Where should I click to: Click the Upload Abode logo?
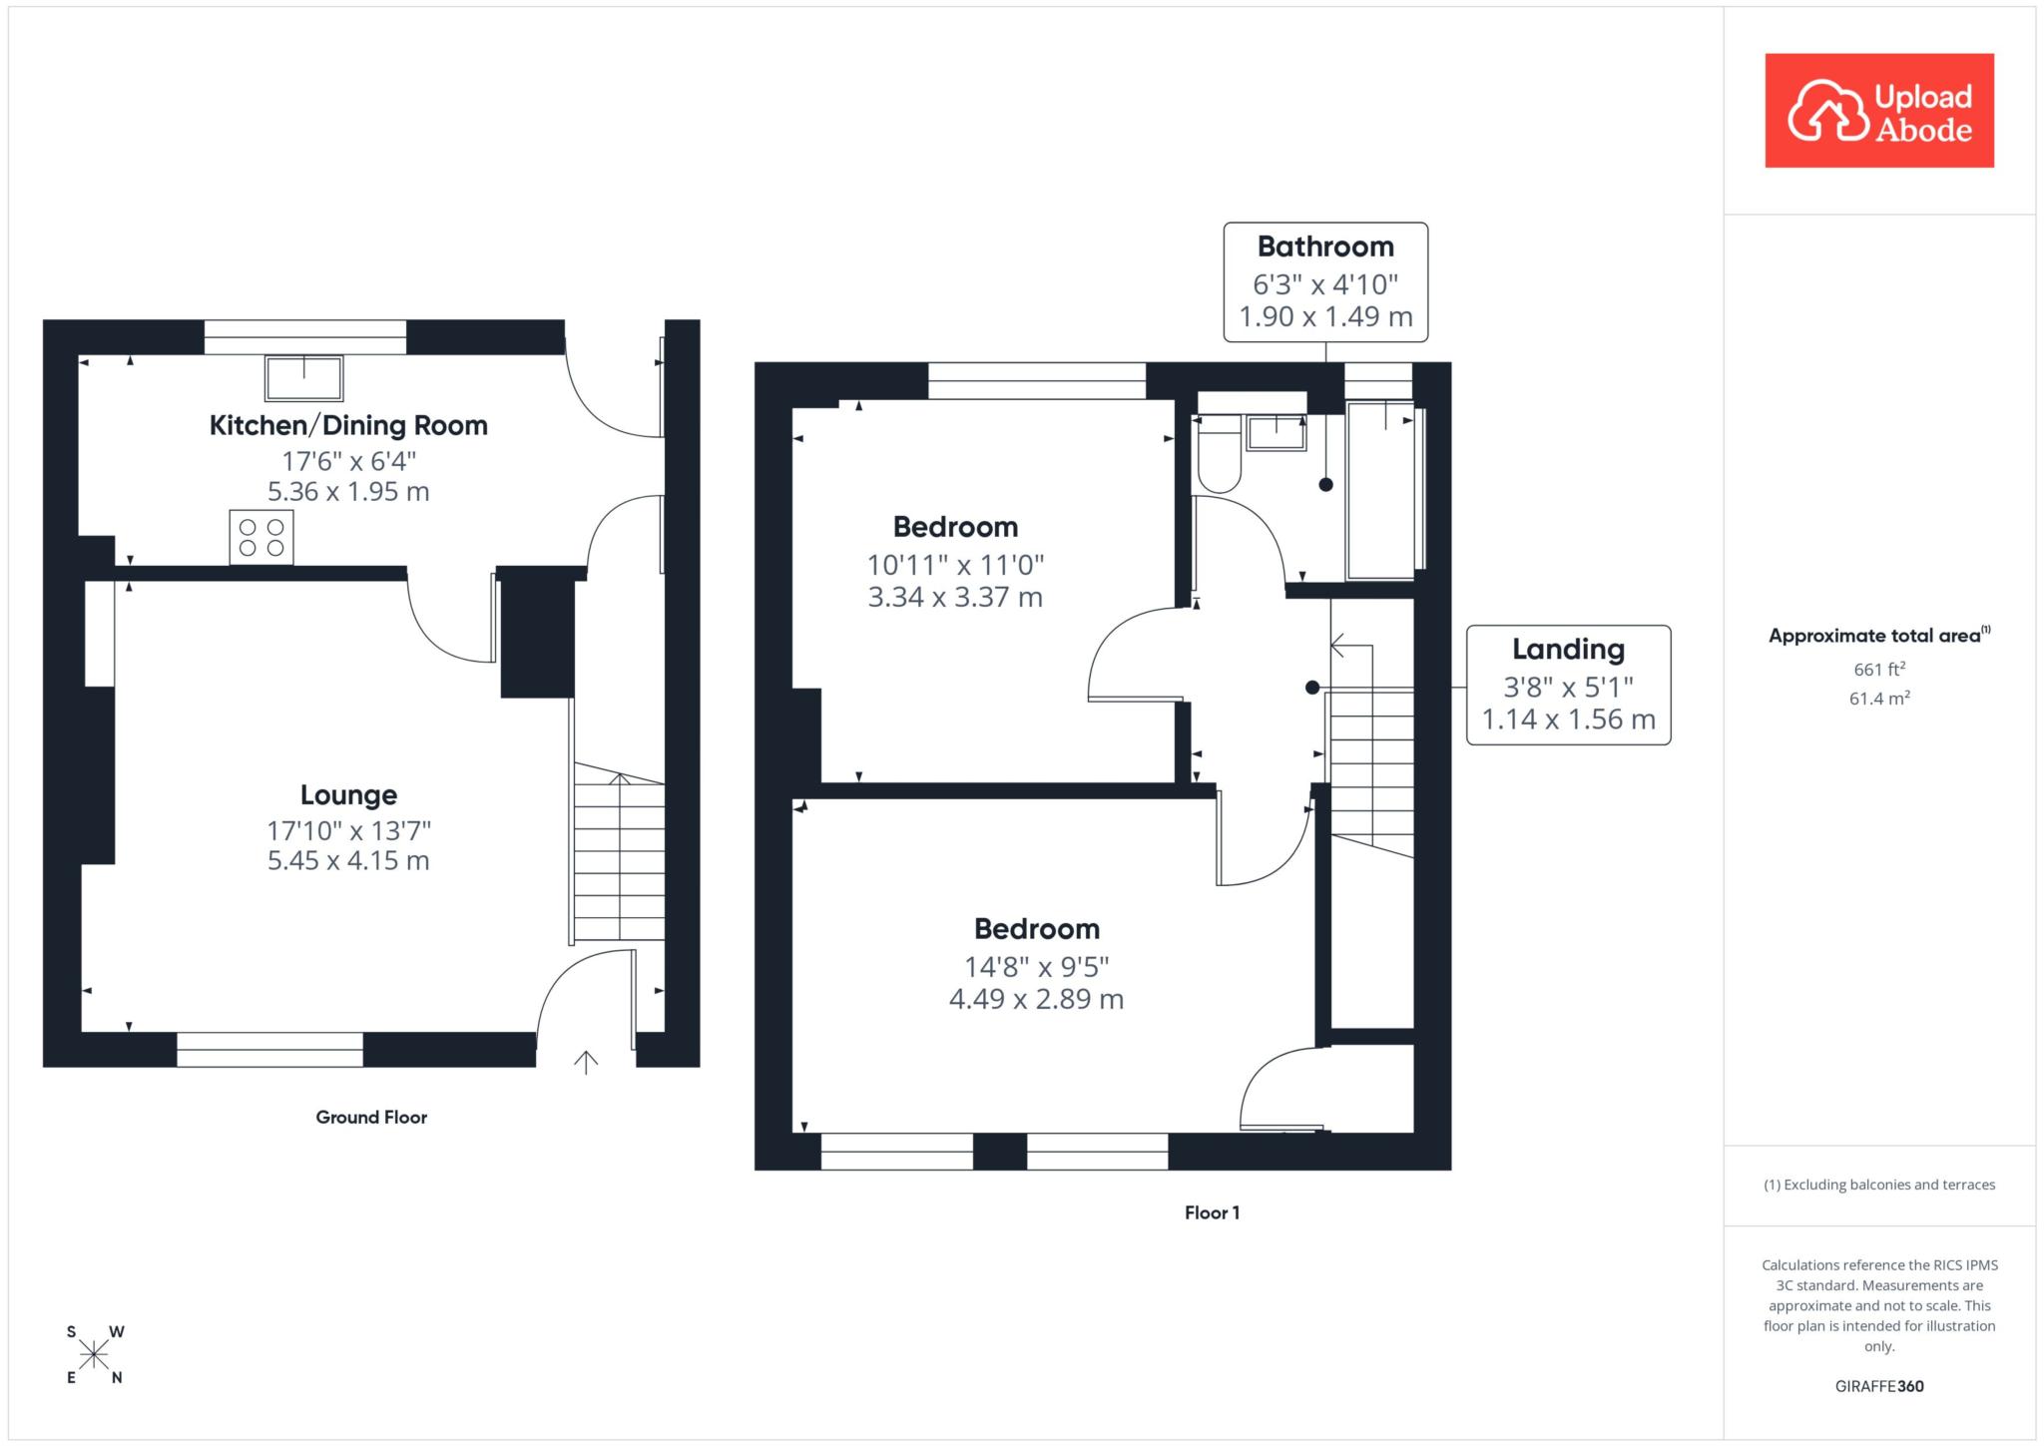point(1879,111)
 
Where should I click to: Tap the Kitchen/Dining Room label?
point(348,425)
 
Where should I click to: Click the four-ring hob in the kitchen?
point(261,537)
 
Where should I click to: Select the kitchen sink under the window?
point(303,378)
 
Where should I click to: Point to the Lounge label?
point(348,795)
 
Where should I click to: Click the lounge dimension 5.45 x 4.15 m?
point(348,860)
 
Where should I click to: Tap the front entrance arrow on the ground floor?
point(586,1062)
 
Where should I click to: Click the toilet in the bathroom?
point(1219,453)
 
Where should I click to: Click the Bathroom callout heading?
point(1325,246)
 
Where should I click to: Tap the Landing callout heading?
point(1568,650)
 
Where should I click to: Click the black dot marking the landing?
point(1312,688)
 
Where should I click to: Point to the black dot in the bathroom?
point(1325,485)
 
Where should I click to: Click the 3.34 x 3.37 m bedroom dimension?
point(955,598)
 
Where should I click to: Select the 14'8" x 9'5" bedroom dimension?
point(1036,967)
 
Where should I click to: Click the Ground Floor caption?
point(371,1118)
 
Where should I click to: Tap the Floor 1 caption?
point(1212,1213)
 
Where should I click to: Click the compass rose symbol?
point(94,1354)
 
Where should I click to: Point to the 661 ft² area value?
point(1879,669)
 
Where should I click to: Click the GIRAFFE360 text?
point(1879,1386)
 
